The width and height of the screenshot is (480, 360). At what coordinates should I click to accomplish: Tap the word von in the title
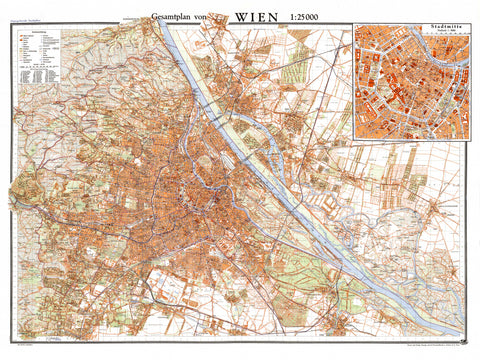(214, 16)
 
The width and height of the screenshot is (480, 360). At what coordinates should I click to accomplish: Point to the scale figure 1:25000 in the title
(318, 16)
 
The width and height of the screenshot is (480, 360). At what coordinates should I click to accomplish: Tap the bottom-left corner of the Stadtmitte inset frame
(353, 138)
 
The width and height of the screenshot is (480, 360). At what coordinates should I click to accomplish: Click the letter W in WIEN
(240, 15)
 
